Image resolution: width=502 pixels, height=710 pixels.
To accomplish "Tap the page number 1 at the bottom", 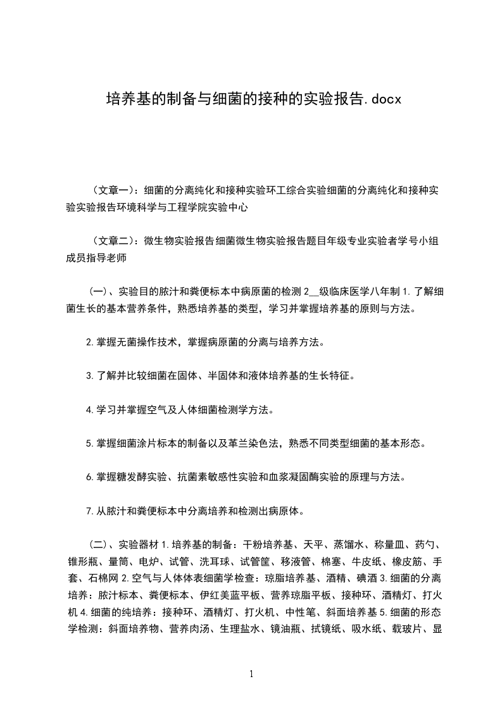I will (251, 674).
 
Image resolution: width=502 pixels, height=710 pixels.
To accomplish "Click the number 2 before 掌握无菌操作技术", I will (89, 343).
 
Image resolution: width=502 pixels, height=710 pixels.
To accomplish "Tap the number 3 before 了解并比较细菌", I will (89, 376).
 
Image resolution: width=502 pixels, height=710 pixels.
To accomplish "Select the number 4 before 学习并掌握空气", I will (89, 409).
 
